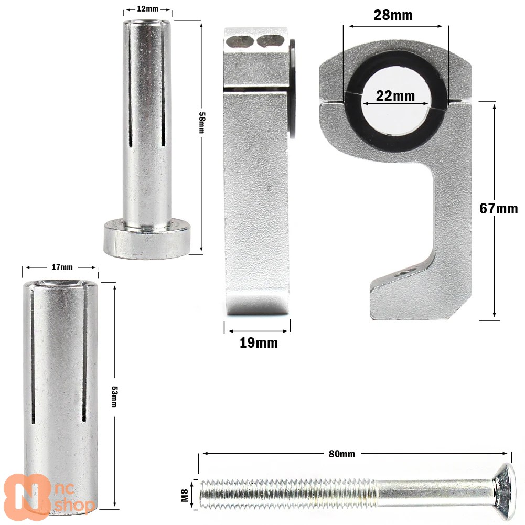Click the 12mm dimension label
(147, 9)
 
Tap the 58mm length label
(201, 123)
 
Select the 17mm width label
(62, 267)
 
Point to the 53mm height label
(114, 397)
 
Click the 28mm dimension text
(393, 15)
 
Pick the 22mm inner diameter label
(395, 96)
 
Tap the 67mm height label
(499, 209)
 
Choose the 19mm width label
(259, 343)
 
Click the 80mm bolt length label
(341, 454)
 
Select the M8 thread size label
(185, 496)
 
